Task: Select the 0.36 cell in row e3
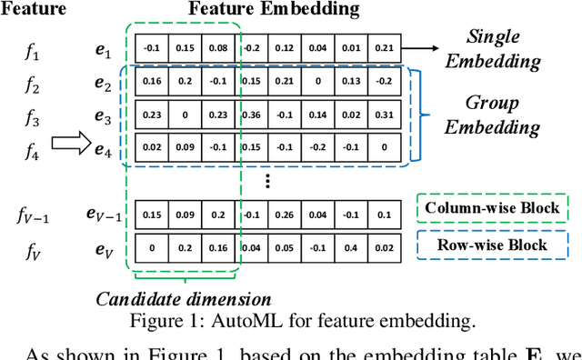point(254,115)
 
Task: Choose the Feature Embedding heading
point(274,10)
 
